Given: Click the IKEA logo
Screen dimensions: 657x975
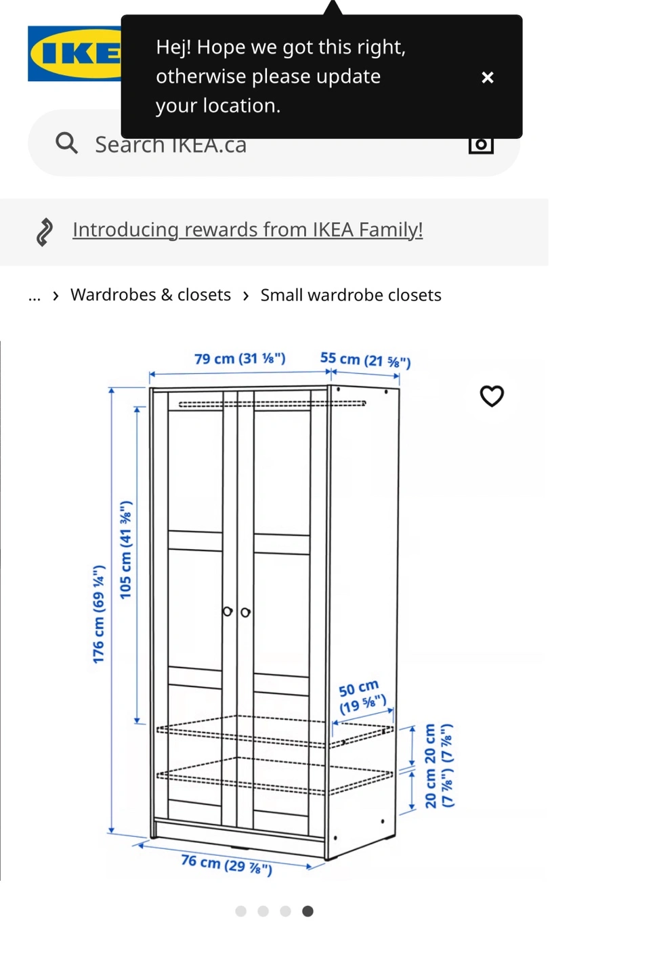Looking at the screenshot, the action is [75, 53].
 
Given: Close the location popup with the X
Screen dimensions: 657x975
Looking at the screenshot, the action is [487, 77].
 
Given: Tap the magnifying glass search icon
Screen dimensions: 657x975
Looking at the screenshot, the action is [66, 144].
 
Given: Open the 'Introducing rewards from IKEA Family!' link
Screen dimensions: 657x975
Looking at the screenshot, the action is [247, 230].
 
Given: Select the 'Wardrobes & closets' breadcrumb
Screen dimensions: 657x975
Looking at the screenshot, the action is [150, 295].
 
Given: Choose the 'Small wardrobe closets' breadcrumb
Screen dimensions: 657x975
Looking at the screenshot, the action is [351, 295].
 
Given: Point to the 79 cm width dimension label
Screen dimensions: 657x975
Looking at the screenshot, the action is [240, 359].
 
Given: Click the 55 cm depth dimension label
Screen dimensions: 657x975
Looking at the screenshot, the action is [365, 360].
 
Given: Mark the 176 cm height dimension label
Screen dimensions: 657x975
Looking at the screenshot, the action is [99, 614].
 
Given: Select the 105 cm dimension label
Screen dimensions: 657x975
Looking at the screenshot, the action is [125, 550].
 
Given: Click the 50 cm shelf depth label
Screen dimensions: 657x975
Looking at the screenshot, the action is [361, 697].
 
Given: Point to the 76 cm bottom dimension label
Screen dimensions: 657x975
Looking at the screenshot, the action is [226, 865].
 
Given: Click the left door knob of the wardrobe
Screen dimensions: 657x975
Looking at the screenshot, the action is [228, 611].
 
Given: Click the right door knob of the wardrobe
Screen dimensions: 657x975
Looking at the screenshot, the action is [245, 612].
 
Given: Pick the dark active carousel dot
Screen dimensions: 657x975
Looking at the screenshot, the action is [308, 911].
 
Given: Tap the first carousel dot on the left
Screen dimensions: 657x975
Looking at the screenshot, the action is [240, 911].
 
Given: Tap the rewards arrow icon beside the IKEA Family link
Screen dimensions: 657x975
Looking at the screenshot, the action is [44, 232].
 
